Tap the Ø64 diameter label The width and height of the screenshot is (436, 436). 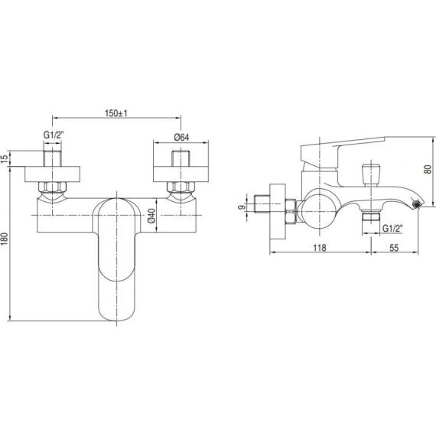tap(181, 137)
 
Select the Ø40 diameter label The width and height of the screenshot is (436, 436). tap(151, 216)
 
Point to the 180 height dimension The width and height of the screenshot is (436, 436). tap(5, 239)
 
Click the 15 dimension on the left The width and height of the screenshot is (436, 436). tap(5, 159)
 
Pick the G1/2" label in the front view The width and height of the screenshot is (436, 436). tap(54, 135)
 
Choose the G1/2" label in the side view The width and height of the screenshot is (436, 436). tap(392, 228)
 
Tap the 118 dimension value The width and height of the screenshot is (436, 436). tap(320, 247)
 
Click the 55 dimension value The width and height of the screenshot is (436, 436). tap(394, 247)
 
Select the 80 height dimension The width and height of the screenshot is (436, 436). tap(428, 169)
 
